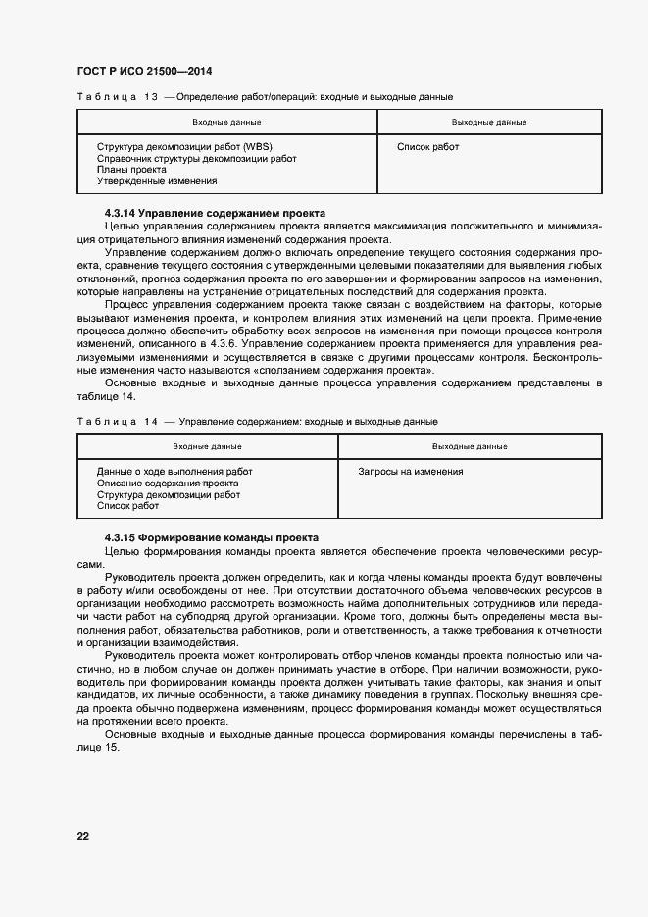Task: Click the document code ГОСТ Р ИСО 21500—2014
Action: point(144,72)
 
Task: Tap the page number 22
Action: point(83,836)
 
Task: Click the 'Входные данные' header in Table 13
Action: point(226,123)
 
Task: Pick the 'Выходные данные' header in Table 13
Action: point(489,123)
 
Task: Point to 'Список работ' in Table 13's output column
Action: point(427,147)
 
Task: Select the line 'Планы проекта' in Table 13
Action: point(131,170)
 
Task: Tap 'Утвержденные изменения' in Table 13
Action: point(157,181)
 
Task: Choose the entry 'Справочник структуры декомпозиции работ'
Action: point(196,159)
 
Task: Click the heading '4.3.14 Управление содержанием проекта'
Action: point(215,213)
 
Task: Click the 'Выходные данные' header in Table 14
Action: point(470,447)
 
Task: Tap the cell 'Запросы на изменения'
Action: point(411,472)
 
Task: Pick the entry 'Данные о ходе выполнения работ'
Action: point(174,472)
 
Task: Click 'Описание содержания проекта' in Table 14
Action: point(168,484)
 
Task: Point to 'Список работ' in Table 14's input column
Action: point(127,506)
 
